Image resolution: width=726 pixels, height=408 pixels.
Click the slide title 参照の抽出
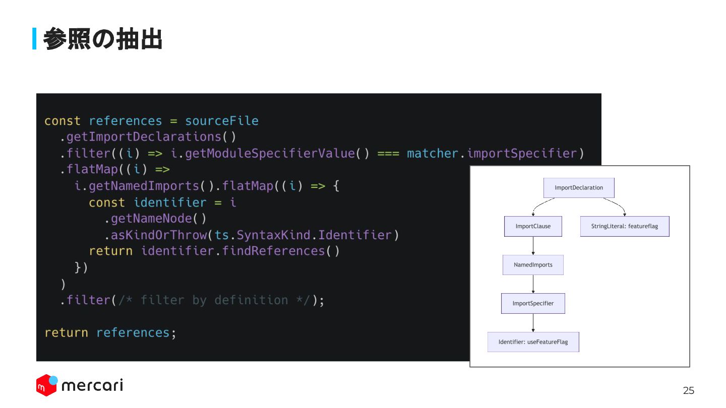pos(102,39)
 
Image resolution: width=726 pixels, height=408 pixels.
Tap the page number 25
pos(688,390)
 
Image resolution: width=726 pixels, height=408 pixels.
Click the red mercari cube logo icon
pos(46,386)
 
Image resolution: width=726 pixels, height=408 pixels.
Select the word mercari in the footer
pos(92,386)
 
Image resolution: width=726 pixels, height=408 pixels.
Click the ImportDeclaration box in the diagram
pos(579,188)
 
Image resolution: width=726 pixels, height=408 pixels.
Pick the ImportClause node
pos(533,226)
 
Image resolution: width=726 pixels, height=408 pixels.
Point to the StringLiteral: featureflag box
pos(625,226)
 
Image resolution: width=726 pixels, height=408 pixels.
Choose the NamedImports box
pos(533,265)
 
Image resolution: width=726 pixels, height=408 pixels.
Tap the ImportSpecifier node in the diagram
pos(533,303)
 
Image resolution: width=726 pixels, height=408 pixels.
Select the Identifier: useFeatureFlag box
pos(533,342)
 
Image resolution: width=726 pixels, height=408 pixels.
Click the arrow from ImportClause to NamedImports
pos(533,246)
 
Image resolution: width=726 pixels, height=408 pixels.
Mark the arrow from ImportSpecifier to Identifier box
pos(533,323)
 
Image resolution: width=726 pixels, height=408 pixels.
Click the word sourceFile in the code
pos(221,121)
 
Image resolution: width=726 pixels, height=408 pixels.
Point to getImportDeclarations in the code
pos(144,137)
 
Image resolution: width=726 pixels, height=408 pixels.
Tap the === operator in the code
pos(388,153)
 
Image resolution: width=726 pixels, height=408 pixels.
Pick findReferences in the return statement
pos(273,251)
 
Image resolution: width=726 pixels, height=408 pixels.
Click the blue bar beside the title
pos(34,39)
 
